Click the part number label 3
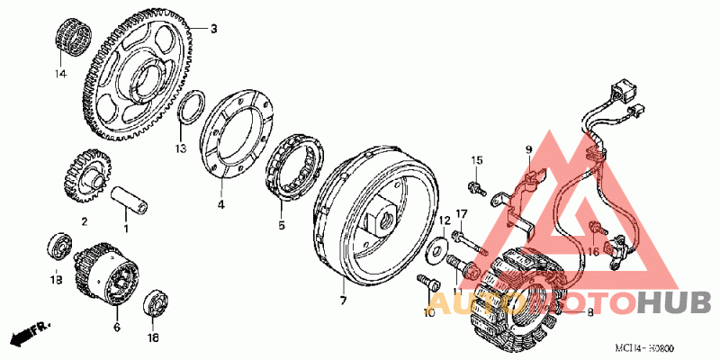coord(214,30)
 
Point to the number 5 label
coord(281,225)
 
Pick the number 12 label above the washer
coord(444,220)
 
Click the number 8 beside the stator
coord(589,313)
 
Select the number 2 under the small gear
coord(84,220)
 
